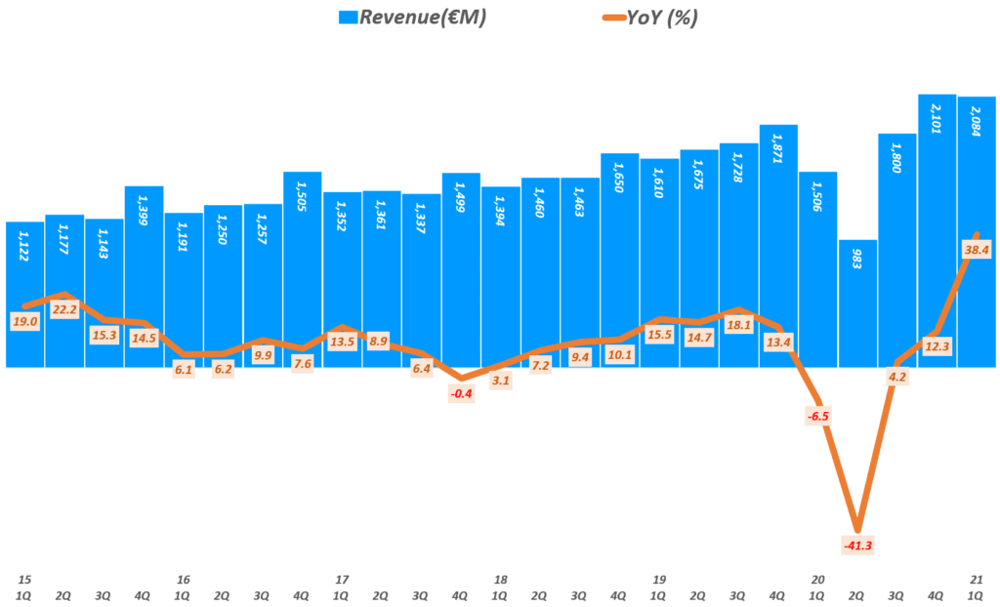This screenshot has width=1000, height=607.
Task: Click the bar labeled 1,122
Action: [x=24, y=293]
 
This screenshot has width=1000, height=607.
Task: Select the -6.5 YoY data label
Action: [x=818, y=416]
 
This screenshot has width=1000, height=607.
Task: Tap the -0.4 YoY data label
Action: [x=461, y=394]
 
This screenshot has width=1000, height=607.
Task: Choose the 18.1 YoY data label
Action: [x=738, y=325]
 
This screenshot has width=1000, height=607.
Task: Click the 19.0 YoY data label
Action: [x=24, y=321]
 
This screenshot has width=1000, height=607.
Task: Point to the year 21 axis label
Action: [x=978, y=579]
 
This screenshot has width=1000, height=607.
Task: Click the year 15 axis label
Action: [x=24, y=579]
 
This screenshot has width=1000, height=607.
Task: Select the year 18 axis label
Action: [x=501, y=579]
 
